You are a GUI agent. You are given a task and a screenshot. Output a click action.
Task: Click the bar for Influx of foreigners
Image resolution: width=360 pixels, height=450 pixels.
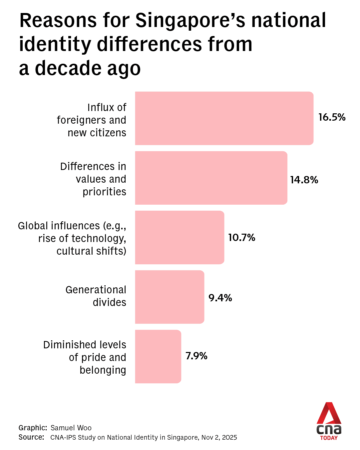pos(224,118)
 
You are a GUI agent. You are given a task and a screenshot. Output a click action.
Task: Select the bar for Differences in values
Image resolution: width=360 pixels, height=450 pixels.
pos(211,178)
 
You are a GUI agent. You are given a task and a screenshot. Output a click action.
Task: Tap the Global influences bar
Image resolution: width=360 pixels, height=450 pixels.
pos(180,237)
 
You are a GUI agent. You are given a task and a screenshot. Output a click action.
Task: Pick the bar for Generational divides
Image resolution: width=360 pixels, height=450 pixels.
pos(170,297)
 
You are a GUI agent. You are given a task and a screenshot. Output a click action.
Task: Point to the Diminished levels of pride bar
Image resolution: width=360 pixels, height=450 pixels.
pos(158,356)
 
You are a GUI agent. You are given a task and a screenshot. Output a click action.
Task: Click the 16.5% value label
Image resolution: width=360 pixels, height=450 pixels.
pos(332,117)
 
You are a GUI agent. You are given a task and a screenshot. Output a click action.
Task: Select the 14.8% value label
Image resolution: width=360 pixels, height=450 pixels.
pos(304,180)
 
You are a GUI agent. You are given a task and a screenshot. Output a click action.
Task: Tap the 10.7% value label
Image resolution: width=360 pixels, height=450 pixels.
pos(241,238)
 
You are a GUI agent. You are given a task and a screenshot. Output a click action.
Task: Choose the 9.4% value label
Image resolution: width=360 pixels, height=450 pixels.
pos(220,298)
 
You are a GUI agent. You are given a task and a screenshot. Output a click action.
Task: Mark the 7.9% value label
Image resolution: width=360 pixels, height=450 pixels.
pos(196,356)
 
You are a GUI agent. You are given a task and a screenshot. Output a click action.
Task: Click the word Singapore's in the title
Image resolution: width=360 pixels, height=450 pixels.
pos(190,21)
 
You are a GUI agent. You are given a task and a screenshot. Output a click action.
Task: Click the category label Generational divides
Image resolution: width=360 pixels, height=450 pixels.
pos(96,296)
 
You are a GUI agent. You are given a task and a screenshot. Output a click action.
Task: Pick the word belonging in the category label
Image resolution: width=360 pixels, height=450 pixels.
pos(103,370)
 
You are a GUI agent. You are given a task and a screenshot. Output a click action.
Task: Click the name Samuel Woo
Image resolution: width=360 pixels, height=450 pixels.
pos(71,428)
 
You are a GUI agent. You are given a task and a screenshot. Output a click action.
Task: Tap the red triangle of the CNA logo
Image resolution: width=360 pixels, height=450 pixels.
pos(329,413)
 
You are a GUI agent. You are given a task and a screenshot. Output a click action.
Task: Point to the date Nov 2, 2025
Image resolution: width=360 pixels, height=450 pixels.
pos(219,438)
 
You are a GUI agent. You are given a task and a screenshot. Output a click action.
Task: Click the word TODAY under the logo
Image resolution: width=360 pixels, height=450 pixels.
pos(329,438)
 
